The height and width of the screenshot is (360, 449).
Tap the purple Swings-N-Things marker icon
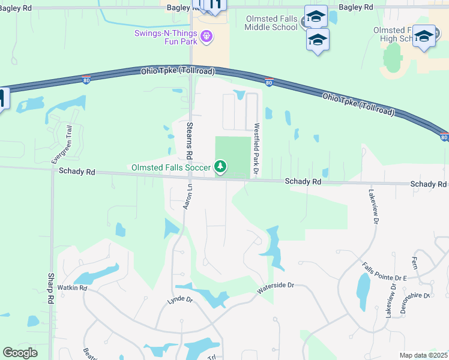(x=207, y=37)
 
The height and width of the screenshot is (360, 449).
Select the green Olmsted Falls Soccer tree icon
(x=221, y=166)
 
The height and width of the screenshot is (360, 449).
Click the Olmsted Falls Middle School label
(x=271, y=23)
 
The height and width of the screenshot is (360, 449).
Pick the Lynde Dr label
(x=180, y=299)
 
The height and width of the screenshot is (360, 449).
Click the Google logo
(x=20, y=353)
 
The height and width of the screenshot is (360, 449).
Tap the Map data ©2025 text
(x=423, y=355)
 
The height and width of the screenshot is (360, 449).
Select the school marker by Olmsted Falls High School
(x=424, y=37)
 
